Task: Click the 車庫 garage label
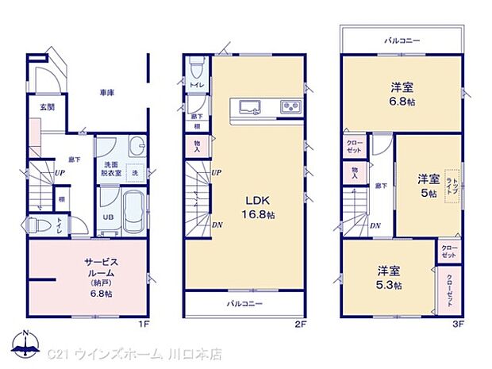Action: click(x=107, y=93)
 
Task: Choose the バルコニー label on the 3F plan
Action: click(x=402, y=40)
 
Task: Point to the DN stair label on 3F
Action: click(x=375, y=225)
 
